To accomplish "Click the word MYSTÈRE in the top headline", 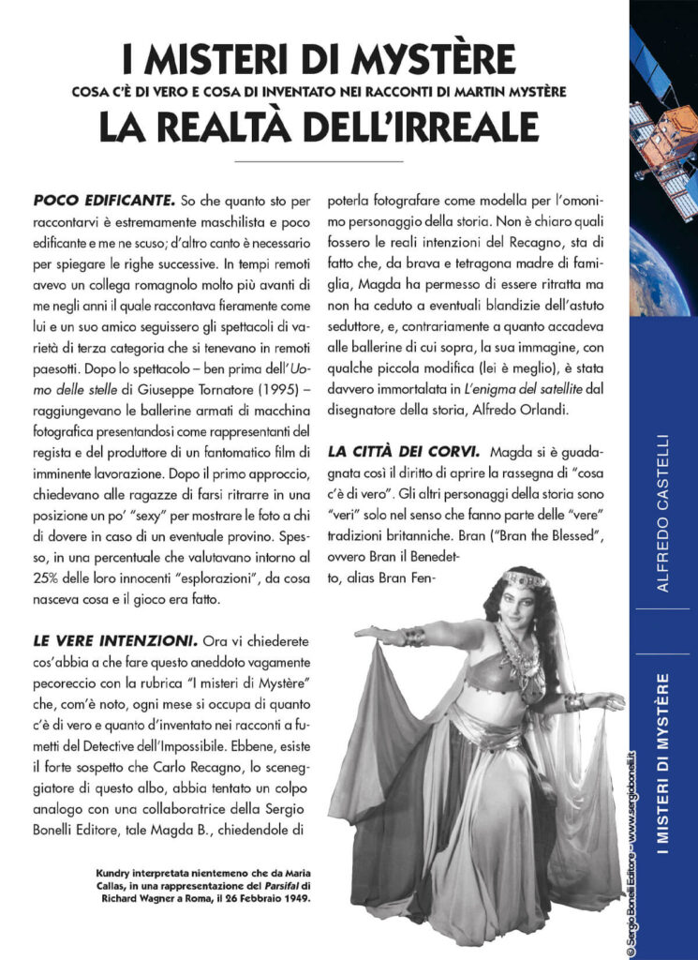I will (x=441, y=59).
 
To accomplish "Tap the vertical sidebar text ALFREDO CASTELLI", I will (x=662, y=511).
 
